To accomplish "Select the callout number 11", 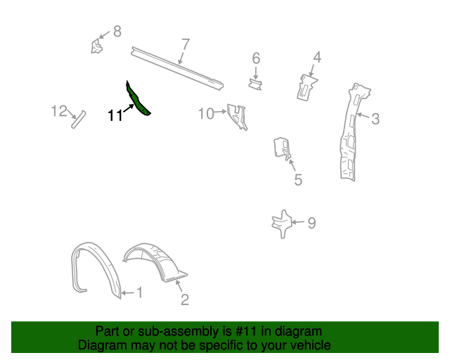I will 115,115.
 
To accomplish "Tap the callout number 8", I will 117,31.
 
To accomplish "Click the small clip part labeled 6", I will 255,84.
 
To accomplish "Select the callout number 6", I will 256,58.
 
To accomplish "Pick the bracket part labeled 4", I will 305,85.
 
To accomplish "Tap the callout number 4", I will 317,57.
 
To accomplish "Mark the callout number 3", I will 375,119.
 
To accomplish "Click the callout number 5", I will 298,181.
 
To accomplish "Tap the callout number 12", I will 59,111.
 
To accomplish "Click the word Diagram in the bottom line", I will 101,345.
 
